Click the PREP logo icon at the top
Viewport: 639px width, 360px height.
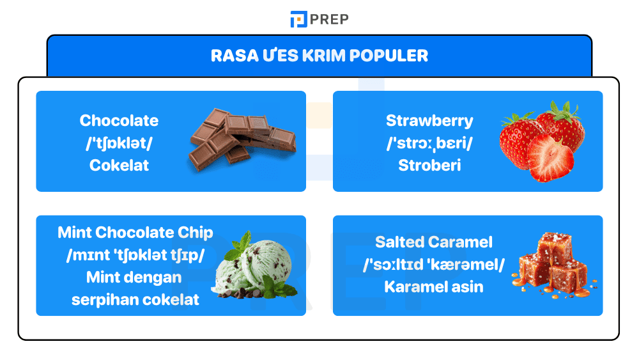click(x=298, y=19)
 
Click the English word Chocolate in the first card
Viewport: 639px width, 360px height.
click(x=119, y=120)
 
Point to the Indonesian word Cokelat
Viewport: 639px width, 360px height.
click(x=119, y=165)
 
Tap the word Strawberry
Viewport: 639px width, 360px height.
click(x=429, y=120)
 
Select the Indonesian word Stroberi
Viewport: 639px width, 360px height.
click(x=429, y=165)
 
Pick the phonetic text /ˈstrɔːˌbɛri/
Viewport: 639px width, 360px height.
click(x=429, y=143)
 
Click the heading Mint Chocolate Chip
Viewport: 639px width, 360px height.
click(x=135, y=232)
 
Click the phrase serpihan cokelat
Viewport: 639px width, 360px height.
click(x=135, y=299)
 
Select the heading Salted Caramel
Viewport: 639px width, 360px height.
click(x=434, y=242)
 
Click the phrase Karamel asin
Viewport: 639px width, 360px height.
click(x=434, y=286)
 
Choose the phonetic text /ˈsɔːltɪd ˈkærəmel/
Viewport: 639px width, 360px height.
click(x=434, y=264)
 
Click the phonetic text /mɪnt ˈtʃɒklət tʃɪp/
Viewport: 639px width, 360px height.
click(x=135, y=254)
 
